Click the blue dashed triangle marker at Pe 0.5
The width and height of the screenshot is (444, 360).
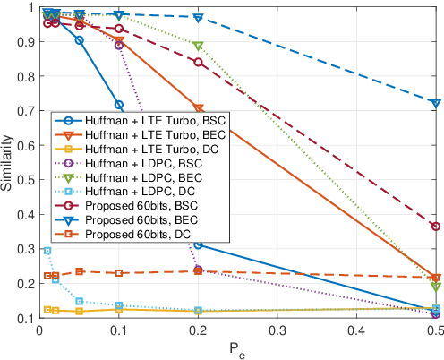(x=436, y=104)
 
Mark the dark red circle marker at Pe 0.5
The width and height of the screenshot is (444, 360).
(x=436, y=227)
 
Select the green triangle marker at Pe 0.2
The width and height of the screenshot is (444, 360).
(x=198, y=46)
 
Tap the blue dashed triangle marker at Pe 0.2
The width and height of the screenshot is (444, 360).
(x=198, y=18)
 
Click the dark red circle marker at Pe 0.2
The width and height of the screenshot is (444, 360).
(x=198, y=62)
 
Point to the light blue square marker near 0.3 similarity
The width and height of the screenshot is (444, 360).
(x=47, y=251)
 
